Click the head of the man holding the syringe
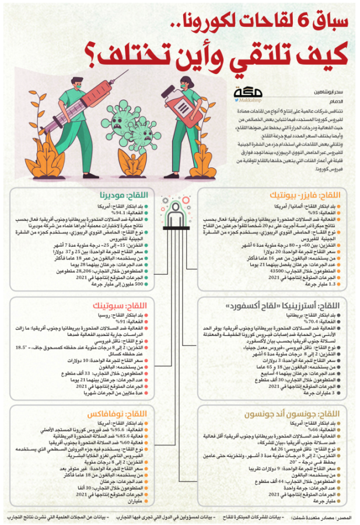coord(76,85)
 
